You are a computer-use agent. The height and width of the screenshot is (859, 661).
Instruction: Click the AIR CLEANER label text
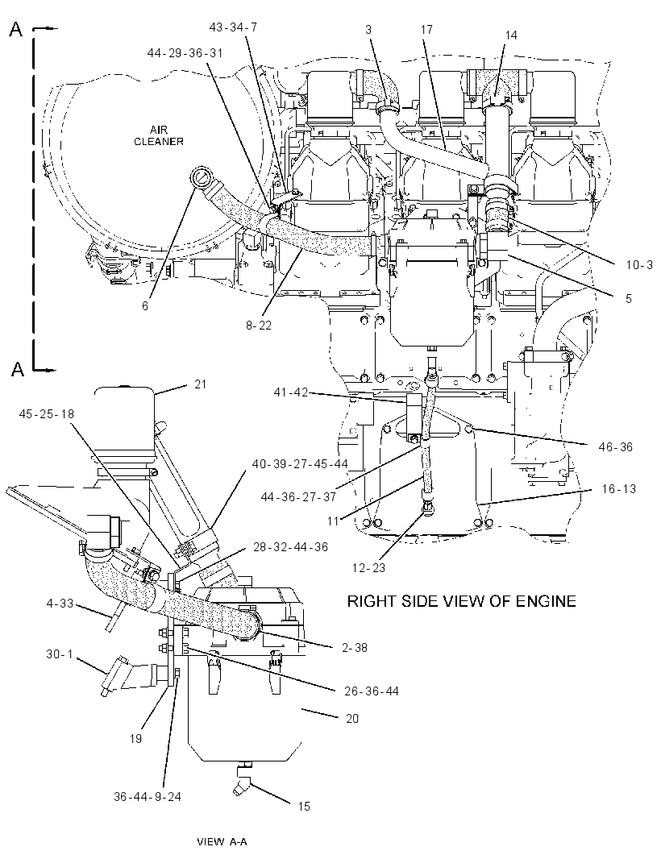tap(159, 135)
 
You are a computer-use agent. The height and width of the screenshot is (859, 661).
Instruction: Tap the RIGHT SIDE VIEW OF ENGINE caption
tap(462, 601)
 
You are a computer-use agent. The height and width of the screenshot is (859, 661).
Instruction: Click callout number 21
tap(201, 384)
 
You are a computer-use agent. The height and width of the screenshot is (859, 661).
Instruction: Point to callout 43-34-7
tap(233, 27)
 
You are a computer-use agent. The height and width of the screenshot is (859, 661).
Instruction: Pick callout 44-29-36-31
tap(185, 52)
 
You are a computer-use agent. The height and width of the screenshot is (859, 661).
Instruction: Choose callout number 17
tap(427, 30)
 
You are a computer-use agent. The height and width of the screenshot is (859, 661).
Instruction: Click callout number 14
tap(511, 35)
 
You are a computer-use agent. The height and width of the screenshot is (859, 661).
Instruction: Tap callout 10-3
tap(639, 265)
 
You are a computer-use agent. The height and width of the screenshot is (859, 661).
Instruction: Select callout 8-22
tap(259, 326)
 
